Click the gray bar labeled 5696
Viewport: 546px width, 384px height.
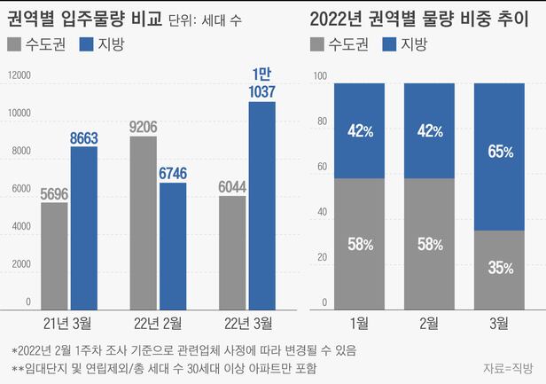(x=54, y=253)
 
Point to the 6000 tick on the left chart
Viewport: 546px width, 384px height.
(x=21, y=190)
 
